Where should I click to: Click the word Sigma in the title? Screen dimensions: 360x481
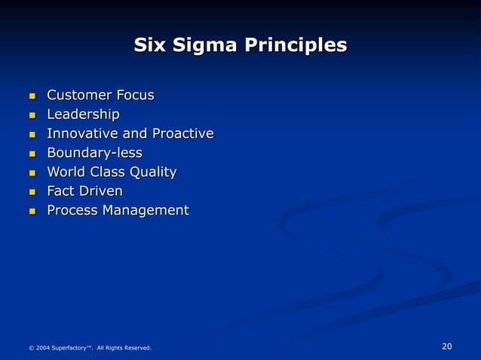(x=198, y=46)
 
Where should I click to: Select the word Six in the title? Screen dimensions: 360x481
(x=149, y=46)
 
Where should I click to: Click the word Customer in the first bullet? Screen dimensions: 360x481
(x=79, y=96)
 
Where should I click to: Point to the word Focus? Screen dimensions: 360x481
(x=135, y=96)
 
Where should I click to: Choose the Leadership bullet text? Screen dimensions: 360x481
(x=83, y=114)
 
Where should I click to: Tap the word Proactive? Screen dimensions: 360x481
(x=182, y=134)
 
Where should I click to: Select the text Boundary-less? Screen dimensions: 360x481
(x=94, y=154)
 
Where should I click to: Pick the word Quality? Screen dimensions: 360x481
(x=153, y=173)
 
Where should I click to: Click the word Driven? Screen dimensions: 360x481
(x=101, y=192)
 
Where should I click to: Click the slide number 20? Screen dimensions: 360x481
(x=446, y=346)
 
